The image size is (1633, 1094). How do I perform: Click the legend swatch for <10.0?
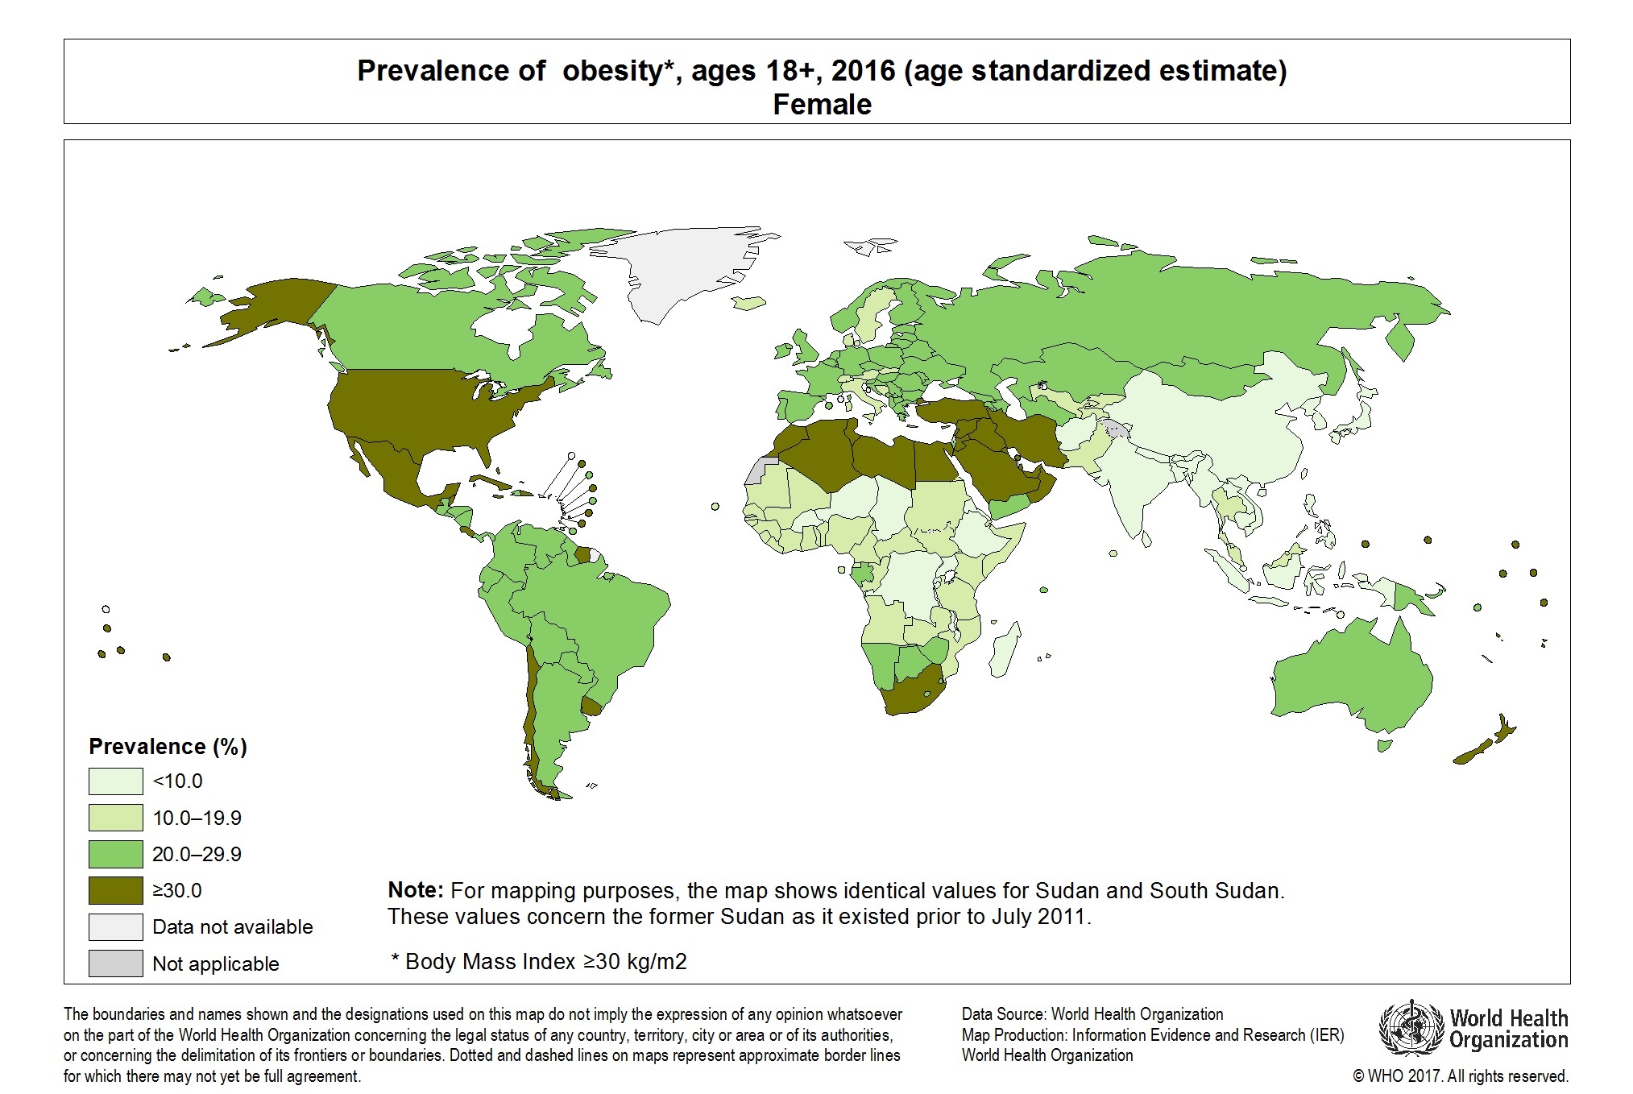[115, 781]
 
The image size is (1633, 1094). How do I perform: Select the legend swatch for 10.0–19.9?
[115, 818]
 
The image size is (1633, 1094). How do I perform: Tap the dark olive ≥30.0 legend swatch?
[115, 890]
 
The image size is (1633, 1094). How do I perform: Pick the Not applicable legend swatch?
[115, 963]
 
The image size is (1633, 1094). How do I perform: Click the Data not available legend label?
[232, 927]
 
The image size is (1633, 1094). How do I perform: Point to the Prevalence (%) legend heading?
[168, 747]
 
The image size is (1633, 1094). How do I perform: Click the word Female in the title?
[822, 105]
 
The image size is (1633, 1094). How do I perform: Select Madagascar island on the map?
[1004, 653]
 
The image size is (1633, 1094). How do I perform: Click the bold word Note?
[415, 890]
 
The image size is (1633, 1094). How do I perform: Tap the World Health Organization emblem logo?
[1410, 1029]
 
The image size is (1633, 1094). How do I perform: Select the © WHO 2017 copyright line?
[1460, 1076]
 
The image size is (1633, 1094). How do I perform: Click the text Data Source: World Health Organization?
[1092, 1014]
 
